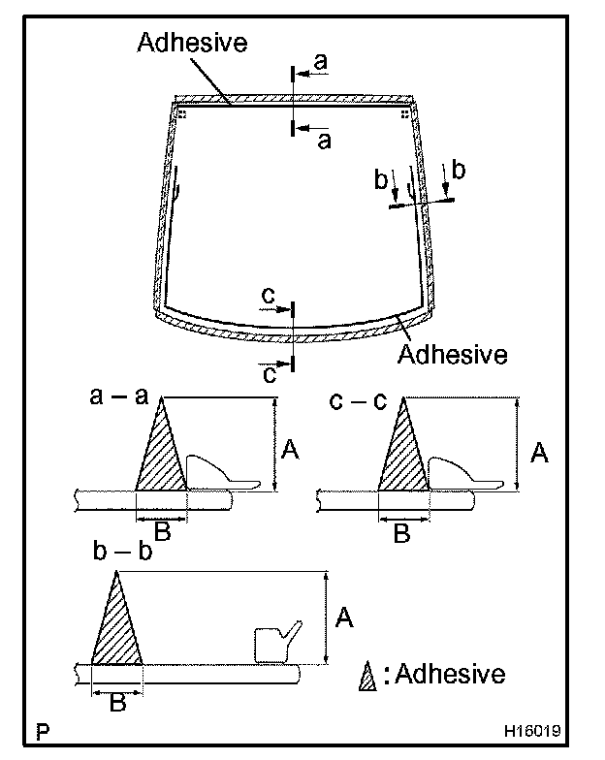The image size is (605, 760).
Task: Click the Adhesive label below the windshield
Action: click(x=452, y=354)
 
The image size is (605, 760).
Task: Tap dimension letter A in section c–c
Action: click(x=539, y=451)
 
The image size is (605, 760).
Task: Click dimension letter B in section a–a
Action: click(x=163, y=530)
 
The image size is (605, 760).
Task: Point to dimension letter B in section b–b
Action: click(x=117, y=703)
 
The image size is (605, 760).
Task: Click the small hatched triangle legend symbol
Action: click(x=367, y=676)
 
